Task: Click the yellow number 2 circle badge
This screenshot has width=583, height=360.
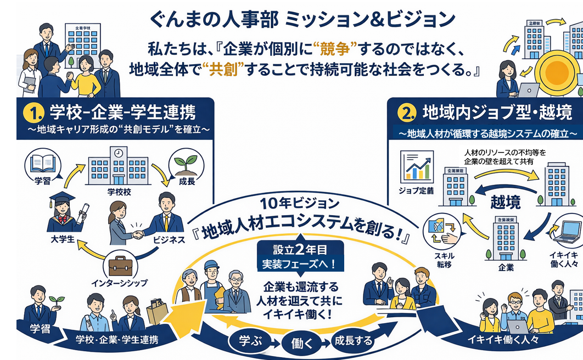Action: pyautogui.click(x=407, y=114)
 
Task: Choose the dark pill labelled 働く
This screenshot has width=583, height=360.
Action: pyautogui.click(x=300, y=344)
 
